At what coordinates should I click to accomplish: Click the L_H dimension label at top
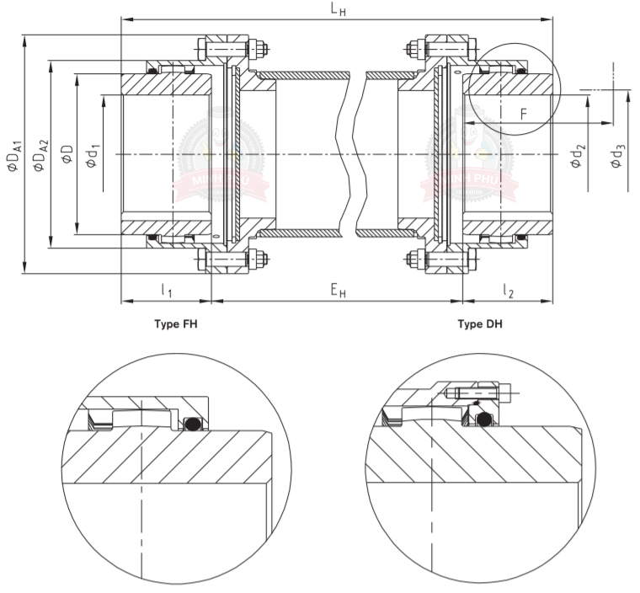click(338, 10)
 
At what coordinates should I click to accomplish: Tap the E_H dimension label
click(338, 291)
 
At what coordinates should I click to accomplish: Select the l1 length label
click(166, 291)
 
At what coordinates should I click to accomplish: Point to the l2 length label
click(508, 291)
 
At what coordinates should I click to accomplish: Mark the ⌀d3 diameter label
click(619, 155)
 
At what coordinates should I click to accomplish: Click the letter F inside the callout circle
click(523, 115)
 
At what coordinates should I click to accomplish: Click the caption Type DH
click(480, 323)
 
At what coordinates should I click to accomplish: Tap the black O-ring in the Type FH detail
click(193, 422)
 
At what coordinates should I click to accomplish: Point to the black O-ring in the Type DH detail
click(483, 419)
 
